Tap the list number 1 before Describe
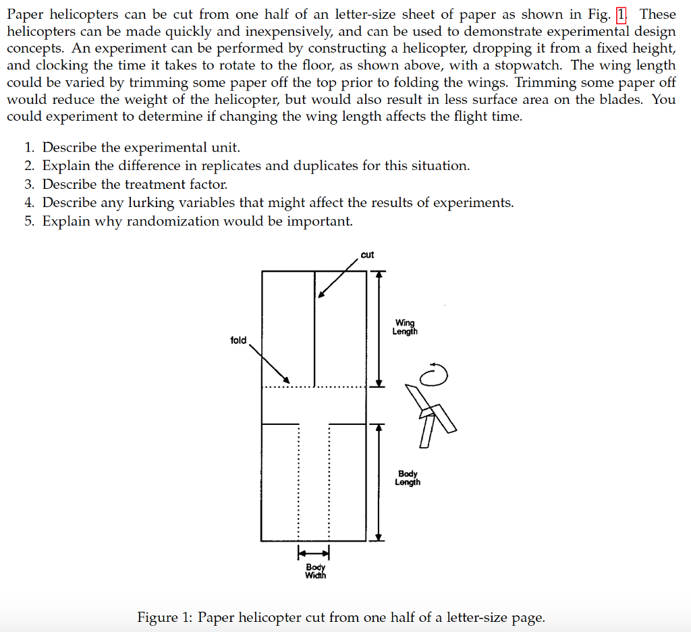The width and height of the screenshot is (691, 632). click(29, 148)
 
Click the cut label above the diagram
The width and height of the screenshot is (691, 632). click(367, 255)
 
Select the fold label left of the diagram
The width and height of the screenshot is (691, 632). click(238, 340)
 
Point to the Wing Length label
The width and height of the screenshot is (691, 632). click(405, 327)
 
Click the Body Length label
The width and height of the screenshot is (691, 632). click(408, 478)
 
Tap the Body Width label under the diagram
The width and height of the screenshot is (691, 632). click(315, 571)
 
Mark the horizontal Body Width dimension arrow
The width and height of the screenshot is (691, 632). click(313, 554)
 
